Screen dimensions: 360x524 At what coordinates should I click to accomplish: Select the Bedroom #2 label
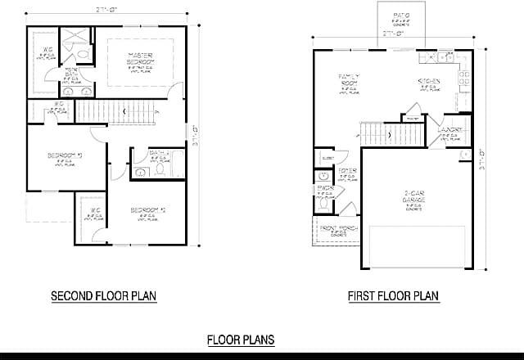(148, 210)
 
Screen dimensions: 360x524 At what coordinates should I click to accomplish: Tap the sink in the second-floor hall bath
(139, 172)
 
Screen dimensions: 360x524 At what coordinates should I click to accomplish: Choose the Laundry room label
(449, 129)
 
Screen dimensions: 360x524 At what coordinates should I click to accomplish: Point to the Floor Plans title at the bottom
(240, 339)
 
